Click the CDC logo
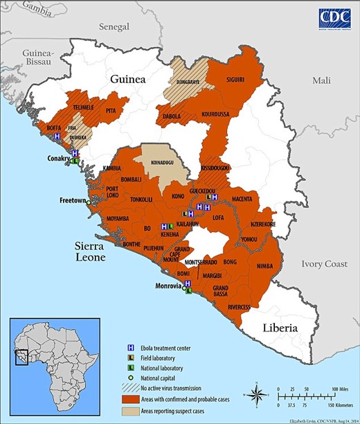point(334,19)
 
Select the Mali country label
point(321,81)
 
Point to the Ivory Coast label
point(325,264)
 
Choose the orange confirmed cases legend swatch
point(136,400)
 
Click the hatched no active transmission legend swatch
point(136,389)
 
